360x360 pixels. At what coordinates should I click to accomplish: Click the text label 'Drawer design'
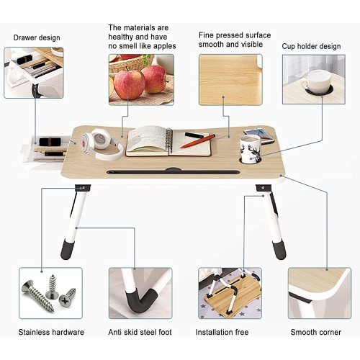[36, 37]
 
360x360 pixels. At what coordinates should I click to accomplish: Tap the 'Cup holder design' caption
[311, 46]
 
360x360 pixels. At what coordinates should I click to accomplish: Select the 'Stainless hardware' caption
[51, 332]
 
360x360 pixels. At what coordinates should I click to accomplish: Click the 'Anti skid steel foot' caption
[140, 332]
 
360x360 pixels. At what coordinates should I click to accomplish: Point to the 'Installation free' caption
[223, 332]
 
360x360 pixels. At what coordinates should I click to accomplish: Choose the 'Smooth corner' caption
[315, 332]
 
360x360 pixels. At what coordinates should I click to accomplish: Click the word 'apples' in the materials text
[163, 46]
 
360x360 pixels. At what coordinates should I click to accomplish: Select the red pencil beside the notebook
[197, 141]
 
